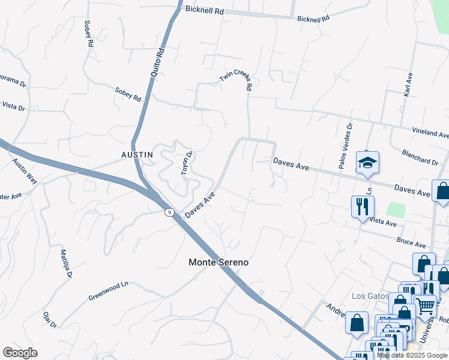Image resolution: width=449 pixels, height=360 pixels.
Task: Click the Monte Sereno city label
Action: coord(218,262)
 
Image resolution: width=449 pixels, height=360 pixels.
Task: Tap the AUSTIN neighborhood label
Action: coord(137,155)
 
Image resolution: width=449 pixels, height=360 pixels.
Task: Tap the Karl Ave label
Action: coord(408,85)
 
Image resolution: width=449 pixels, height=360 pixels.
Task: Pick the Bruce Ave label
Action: coord(411,243)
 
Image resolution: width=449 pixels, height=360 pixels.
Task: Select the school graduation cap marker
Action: coord(367,163)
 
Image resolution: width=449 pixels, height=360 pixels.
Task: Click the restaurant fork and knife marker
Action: coord(363,207)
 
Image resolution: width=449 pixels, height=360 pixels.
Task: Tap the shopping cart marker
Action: coord(426,305)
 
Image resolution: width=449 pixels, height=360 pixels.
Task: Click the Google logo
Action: coord(20,353)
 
